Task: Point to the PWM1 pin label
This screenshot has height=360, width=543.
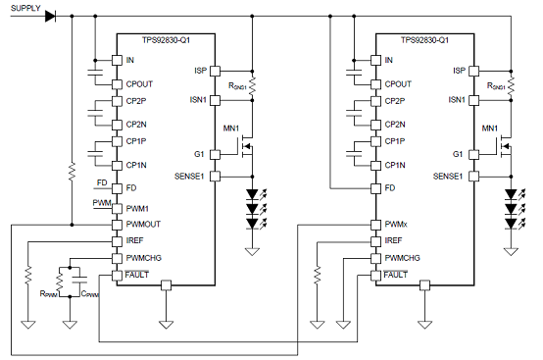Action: coord(138,209)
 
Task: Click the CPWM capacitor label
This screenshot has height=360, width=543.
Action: coord(90,292)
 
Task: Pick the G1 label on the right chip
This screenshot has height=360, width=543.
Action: coord(458,154)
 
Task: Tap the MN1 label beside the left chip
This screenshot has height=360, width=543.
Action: coord(231,129)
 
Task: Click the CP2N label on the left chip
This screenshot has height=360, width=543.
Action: coord(138,125)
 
